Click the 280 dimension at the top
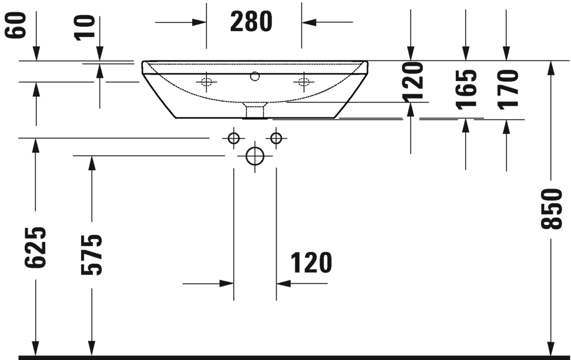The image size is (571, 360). tap(251, 22)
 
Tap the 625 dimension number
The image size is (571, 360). tap(35, 247)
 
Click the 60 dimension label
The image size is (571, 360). tap(16, 26)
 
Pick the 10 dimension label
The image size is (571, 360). tap(86, 26)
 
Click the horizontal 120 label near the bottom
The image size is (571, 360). tap(311, 263)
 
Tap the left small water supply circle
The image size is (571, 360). tap(234, 139)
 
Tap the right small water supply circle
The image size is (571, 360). tap(276, 139)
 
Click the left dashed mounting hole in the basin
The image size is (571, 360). tap(206, 82)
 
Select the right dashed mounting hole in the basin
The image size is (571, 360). tap(303, 82)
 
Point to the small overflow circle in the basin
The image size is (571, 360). tap(254, 76)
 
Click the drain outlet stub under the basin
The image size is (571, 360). tap(254, 110)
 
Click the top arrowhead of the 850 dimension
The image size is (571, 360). tap(550, 66)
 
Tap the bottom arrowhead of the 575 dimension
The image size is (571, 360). tap(91, 349)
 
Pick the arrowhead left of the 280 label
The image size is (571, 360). tap(200, 22)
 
